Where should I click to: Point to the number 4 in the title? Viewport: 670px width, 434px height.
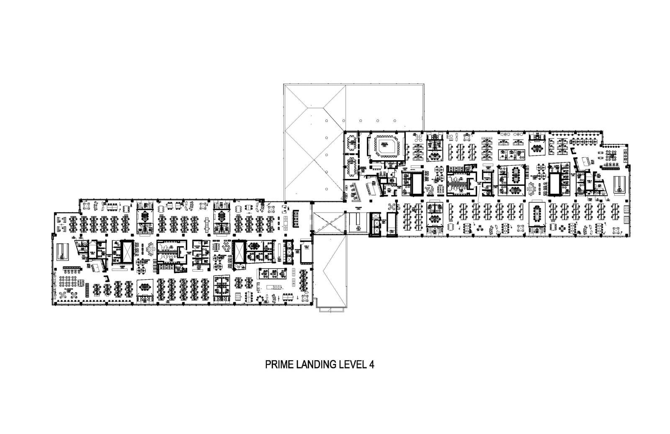371,364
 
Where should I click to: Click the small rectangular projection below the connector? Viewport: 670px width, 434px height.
332,309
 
